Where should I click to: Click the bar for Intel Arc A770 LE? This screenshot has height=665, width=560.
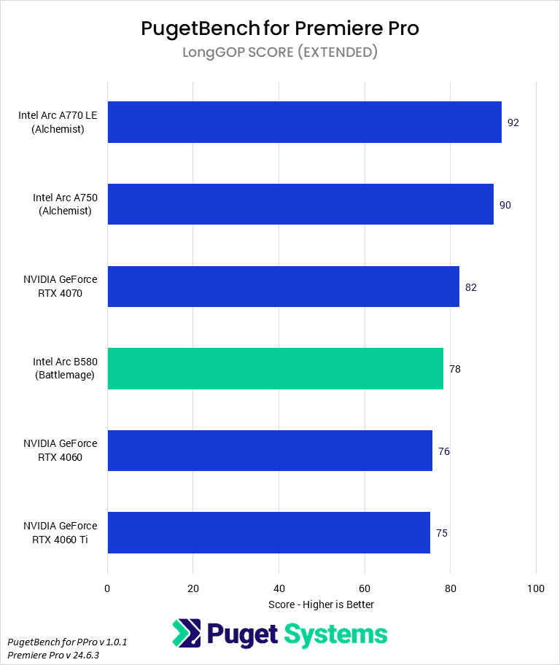pyautogui.click(x=304, y=122)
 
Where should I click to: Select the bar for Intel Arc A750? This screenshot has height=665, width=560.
pyautogui.click(x=300, y=204)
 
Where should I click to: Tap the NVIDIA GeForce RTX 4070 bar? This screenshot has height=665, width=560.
pyautogui.click(x=283, y=287)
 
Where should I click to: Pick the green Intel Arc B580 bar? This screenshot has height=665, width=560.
pyautogui.click(x=275, y=369)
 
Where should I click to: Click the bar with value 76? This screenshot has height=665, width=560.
pyautogui.click(x=270, y=451)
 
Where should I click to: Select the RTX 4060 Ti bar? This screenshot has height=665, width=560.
pyautogui.click(x=268, y=533)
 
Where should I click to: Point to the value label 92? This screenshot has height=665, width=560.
pyautogui.click(x=513, y=122)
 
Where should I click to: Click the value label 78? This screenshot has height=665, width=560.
pyautogui.click(x=455, y=369)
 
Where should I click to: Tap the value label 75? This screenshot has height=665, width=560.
pyautogui.click(x=442, y=533)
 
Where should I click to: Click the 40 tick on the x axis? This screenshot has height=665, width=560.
pyautogui.click(x=279, y=588)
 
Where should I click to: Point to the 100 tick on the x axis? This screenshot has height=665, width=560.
pyautogui.click(x=536, y=588)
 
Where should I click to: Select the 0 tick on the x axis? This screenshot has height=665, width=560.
pyautogui.click(x=108, y=588)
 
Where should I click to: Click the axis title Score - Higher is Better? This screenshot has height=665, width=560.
pyautogui.click(x=321, y=604)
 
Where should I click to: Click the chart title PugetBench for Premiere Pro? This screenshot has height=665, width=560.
pyautogui.click(x=280, y=28)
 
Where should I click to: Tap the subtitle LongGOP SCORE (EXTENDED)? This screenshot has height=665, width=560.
pyautogui.click(x=280, y=52)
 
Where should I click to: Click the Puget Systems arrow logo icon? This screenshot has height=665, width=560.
pyautogui.click(x=187, y=634)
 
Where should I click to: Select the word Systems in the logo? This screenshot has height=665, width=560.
pyautogui.click(x=336, y=634)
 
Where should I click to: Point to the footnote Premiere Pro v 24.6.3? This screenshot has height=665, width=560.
pyautogui.click(x=53, y=655)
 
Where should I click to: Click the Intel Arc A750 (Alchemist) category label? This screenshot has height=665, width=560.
pyautogui.click(x=62, y=204)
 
